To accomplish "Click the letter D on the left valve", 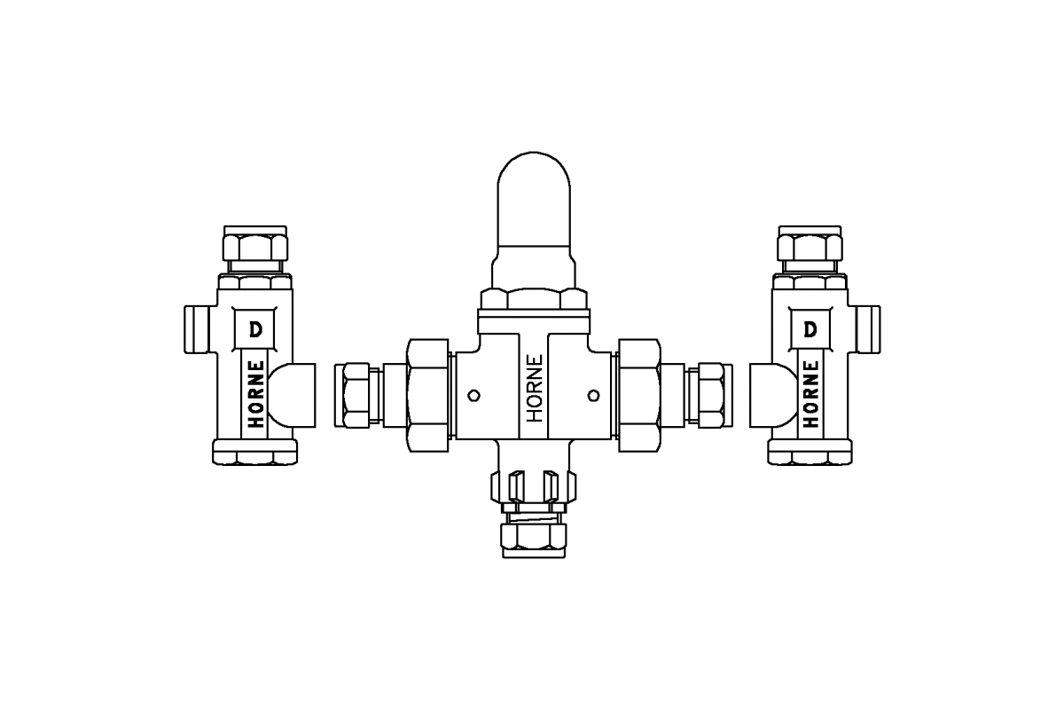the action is tap(255, 329).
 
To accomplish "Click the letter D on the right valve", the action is tap(810, 329).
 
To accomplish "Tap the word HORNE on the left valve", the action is tap(256, 394).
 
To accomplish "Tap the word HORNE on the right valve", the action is tap(810, 394).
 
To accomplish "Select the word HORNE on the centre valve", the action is tap(535, 389).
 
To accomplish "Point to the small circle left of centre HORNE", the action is tap(473, 395).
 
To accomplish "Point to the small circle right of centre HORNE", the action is tap(593, 395).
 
